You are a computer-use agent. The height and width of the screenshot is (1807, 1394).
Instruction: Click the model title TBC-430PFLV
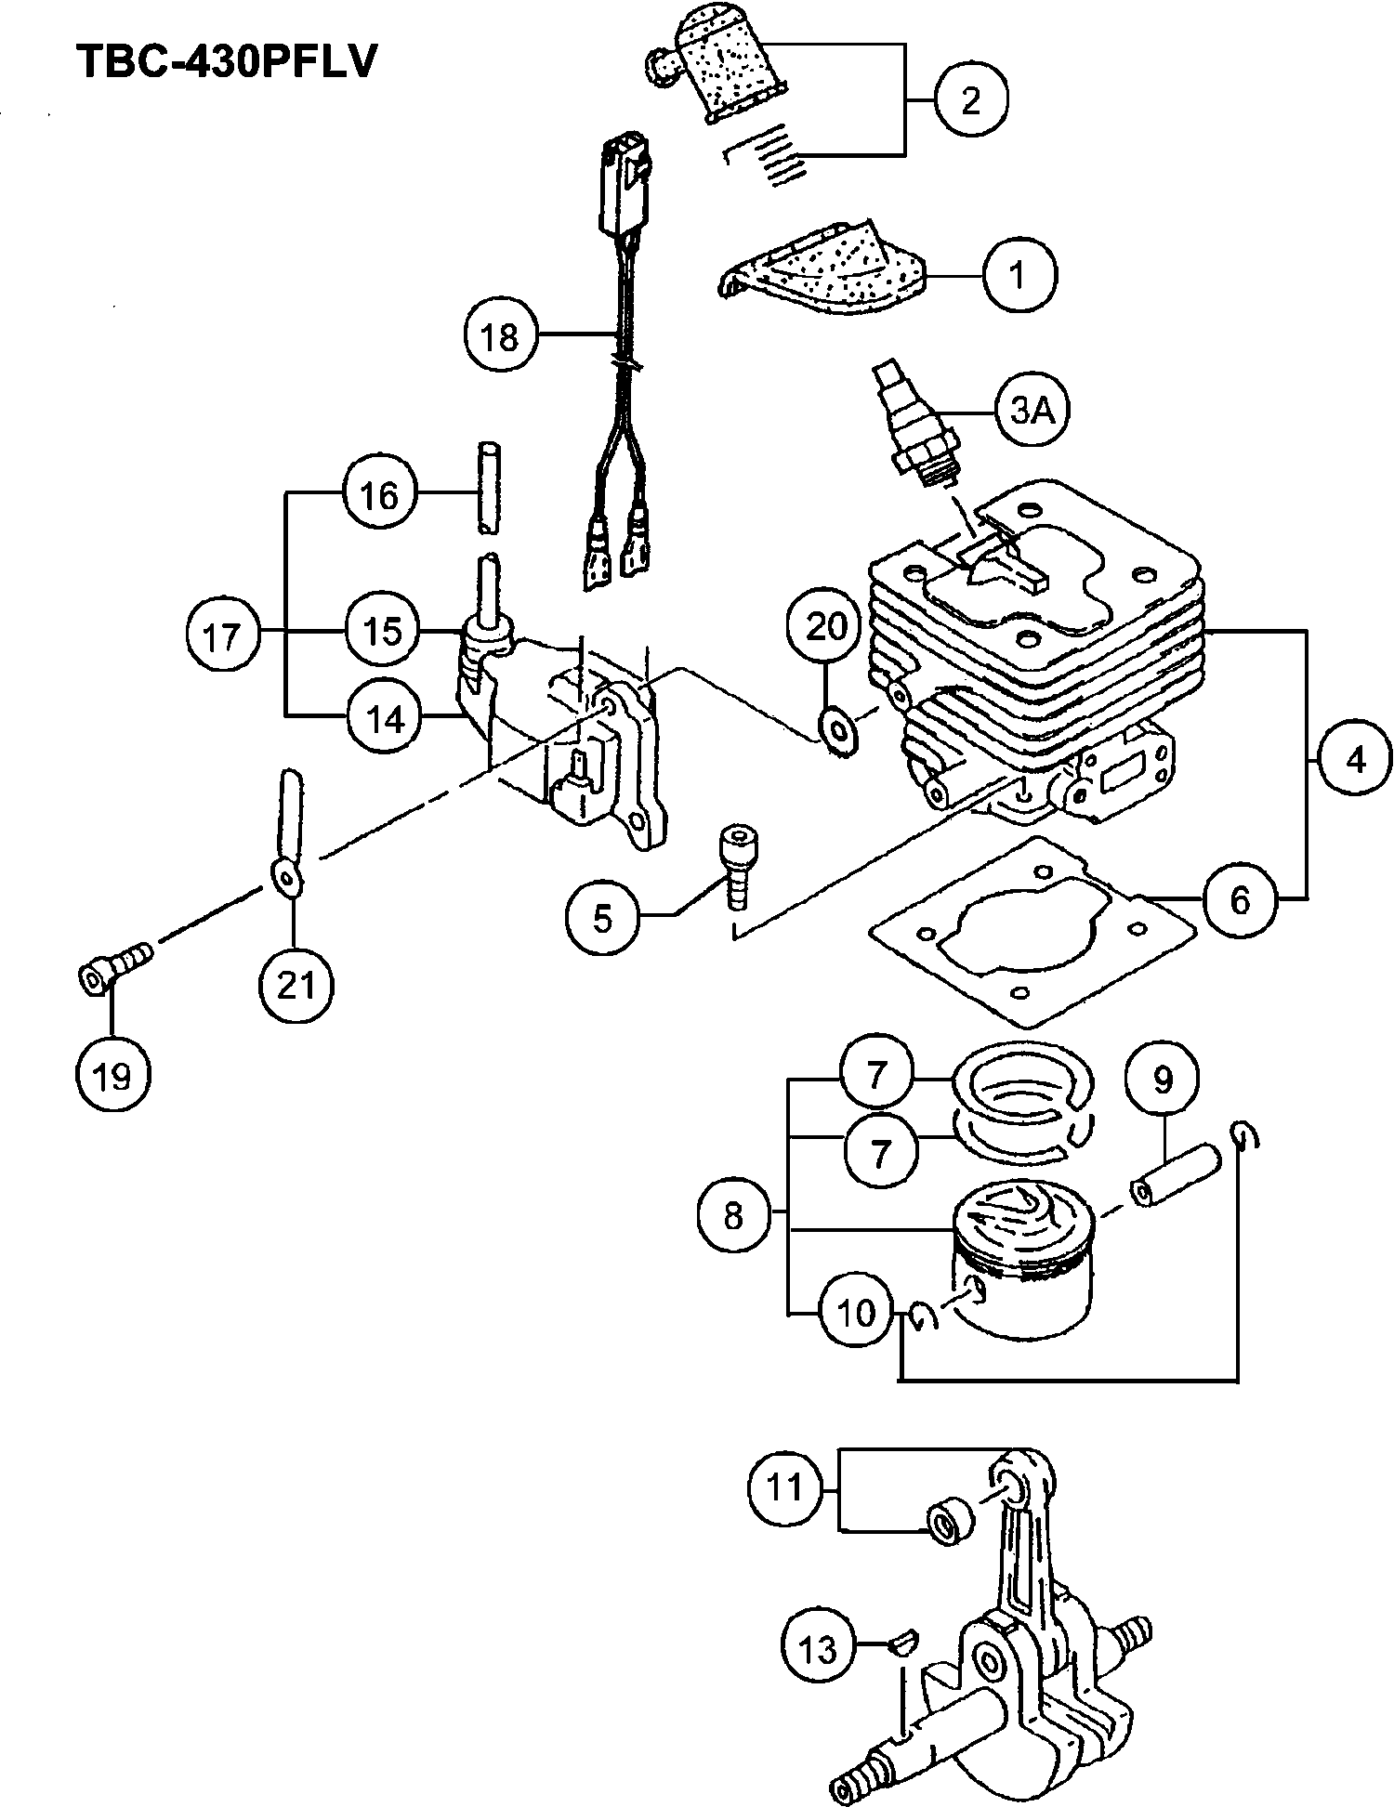pyautogui.click(x=227, y=62)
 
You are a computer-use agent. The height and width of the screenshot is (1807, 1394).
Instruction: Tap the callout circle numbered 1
pyautogui.click(x=1019, y=275)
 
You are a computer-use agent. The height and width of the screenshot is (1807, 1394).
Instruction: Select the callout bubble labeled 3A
pyautogui.click(x=1032, y=410)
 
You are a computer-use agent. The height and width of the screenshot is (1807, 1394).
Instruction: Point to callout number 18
pyautogui.click(x=499, y=336)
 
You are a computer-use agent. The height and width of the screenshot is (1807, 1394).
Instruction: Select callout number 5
pyautogui.click(x=603, y=919)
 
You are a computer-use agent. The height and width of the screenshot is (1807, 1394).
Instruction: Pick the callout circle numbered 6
pyautogui.click(x=1240, y=899)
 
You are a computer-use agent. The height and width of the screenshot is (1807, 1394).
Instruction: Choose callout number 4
pyautogui.click(x=1356, y=760)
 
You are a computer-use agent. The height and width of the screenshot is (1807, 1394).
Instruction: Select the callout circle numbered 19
pyautogui.click(x=112, y=1076)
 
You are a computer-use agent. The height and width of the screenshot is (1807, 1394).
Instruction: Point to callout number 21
pyautogui.click(x=296, y=985)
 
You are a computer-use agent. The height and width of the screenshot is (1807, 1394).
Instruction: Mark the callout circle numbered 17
pyautogui.click(x=221, y=637)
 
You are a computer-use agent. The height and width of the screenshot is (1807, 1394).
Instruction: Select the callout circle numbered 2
pyautogui.click(x=970, y=99)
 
